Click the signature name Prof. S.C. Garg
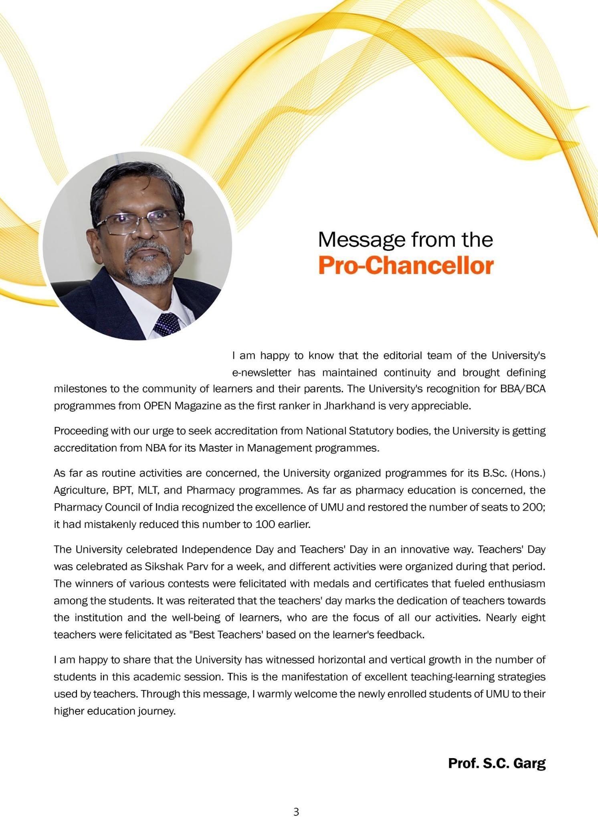click(497, 763)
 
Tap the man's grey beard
click(148, 268)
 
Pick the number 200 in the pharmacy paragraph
click(533, 507)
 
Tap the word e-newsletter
click(262, 373)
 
